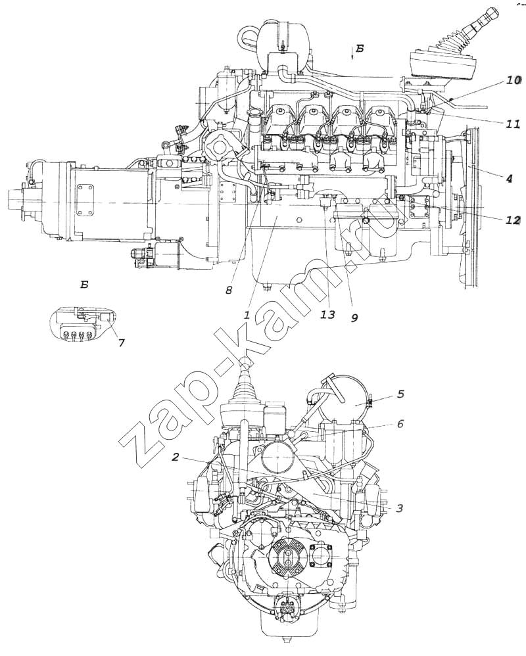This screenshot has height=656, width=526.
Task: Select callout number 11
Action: [x=514, y=123]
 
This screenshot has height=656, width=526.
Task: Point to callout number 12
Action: [x=513, y=220]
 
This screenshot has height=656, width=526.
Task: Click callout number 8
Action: [x=229, y=290]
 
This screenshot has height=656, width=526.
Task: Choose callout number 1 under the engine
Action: [x=247, y=315]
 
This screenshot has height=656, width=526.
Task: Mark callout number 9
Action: [x=354, y=318]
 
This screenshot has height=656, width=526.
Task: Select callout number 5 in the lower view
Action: [x=400, y=394]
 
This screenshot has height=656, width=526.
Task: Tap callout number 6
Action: [x=401, y=424]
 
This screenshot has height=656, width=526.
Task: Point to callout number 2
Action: [x=176, y=457]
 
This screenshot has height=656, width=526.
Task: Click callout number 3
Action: [x=399, y=508]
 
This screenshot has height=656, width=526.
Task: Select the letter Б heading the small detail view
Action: [x=84, y=285]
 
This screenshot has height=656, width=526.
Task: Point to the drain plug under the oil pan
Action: [x=266, y=287]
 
